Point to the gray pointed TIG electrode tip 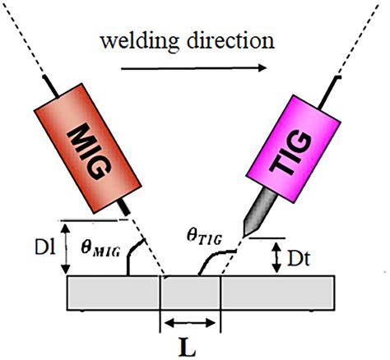coord(252,216)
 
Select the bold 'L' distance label coord(192,344)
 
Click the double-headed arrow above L coord(192,321)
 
